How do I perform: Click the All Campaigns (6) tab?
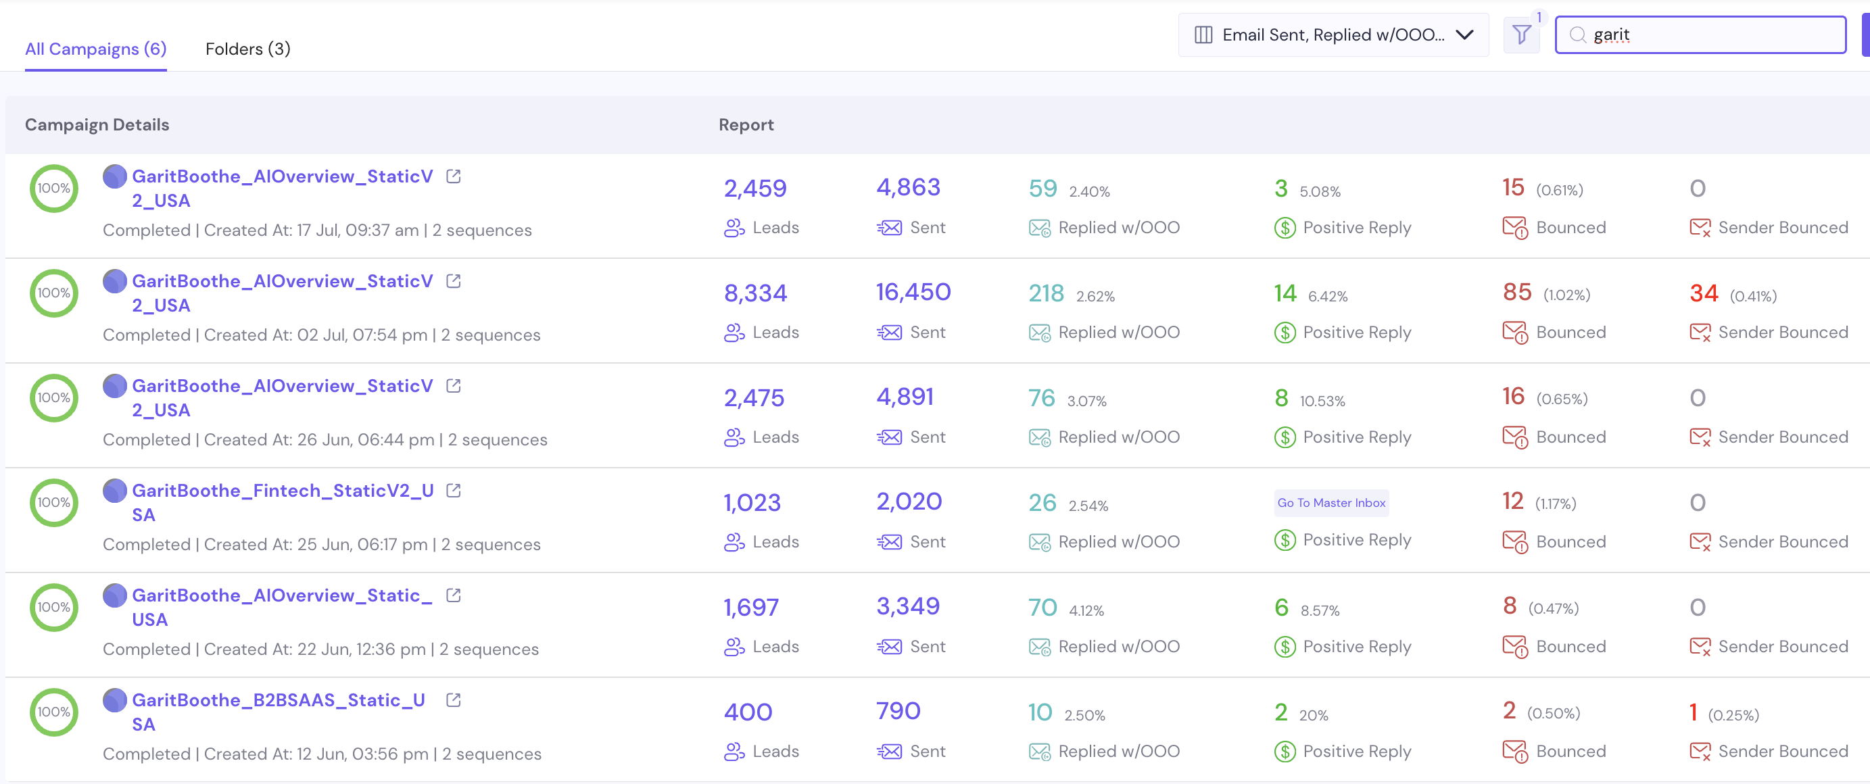click(x=96, y=49)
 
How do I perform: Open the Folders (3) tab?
click(x=247, y=49)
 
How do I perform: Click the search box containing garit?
click(x=1700, y=35)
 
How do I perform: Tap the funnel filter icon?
click(x=1522, y=34)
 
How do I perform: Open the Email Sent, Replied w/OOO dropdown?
click(x=1333, y=35)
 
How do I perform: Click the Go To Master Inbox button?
click(x=1331, y=502)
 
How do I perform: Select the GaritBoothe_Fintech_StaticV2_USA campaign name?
click(x=283, y=502)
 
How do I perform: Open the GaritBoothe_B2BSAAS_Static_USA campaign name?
click(x=279, y=712)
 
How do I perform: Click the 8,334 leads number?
click(x=755, y=293)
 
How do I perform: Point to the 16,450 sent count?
click(x=913, y=292)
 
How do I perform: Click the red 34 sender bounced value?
click(x=1704, y=293)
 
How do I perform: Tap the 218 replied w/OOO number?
click(x=1046, y=293)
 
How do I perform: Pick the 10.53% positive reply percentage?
click(x=1322, y=401)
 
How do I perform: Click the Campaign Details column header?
click(x=97, y=125)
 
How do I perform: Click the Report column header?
click(x=746, y=125)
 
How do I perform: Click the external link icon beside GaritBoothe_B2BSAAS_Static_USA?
click(x=454, y=700)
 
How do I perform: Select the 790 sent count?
click(x=898, y=711)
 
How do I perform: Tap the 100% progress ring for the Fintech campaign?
click(x=53, y=481)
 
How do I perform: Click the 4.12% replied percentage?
click(x=1086, y=610)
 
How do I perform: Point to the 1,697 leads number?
click(x=750, y=608)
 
